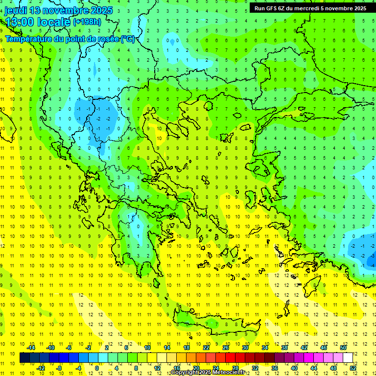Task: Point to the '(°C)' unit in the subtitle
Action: tap(128, 39)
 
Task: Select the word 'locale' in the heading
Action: tap(55, 22)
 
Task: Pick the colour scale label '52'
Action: tap(353, 368)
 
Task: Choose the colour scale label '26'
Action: tap(225, 348)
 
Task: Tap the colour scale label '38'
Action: tap(284, 348)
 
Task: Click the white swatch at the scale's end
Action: tap(348, 357)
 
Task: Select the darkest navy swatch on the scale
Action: tap(24, 357)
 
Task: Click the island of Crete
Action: tap(215, 323)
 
